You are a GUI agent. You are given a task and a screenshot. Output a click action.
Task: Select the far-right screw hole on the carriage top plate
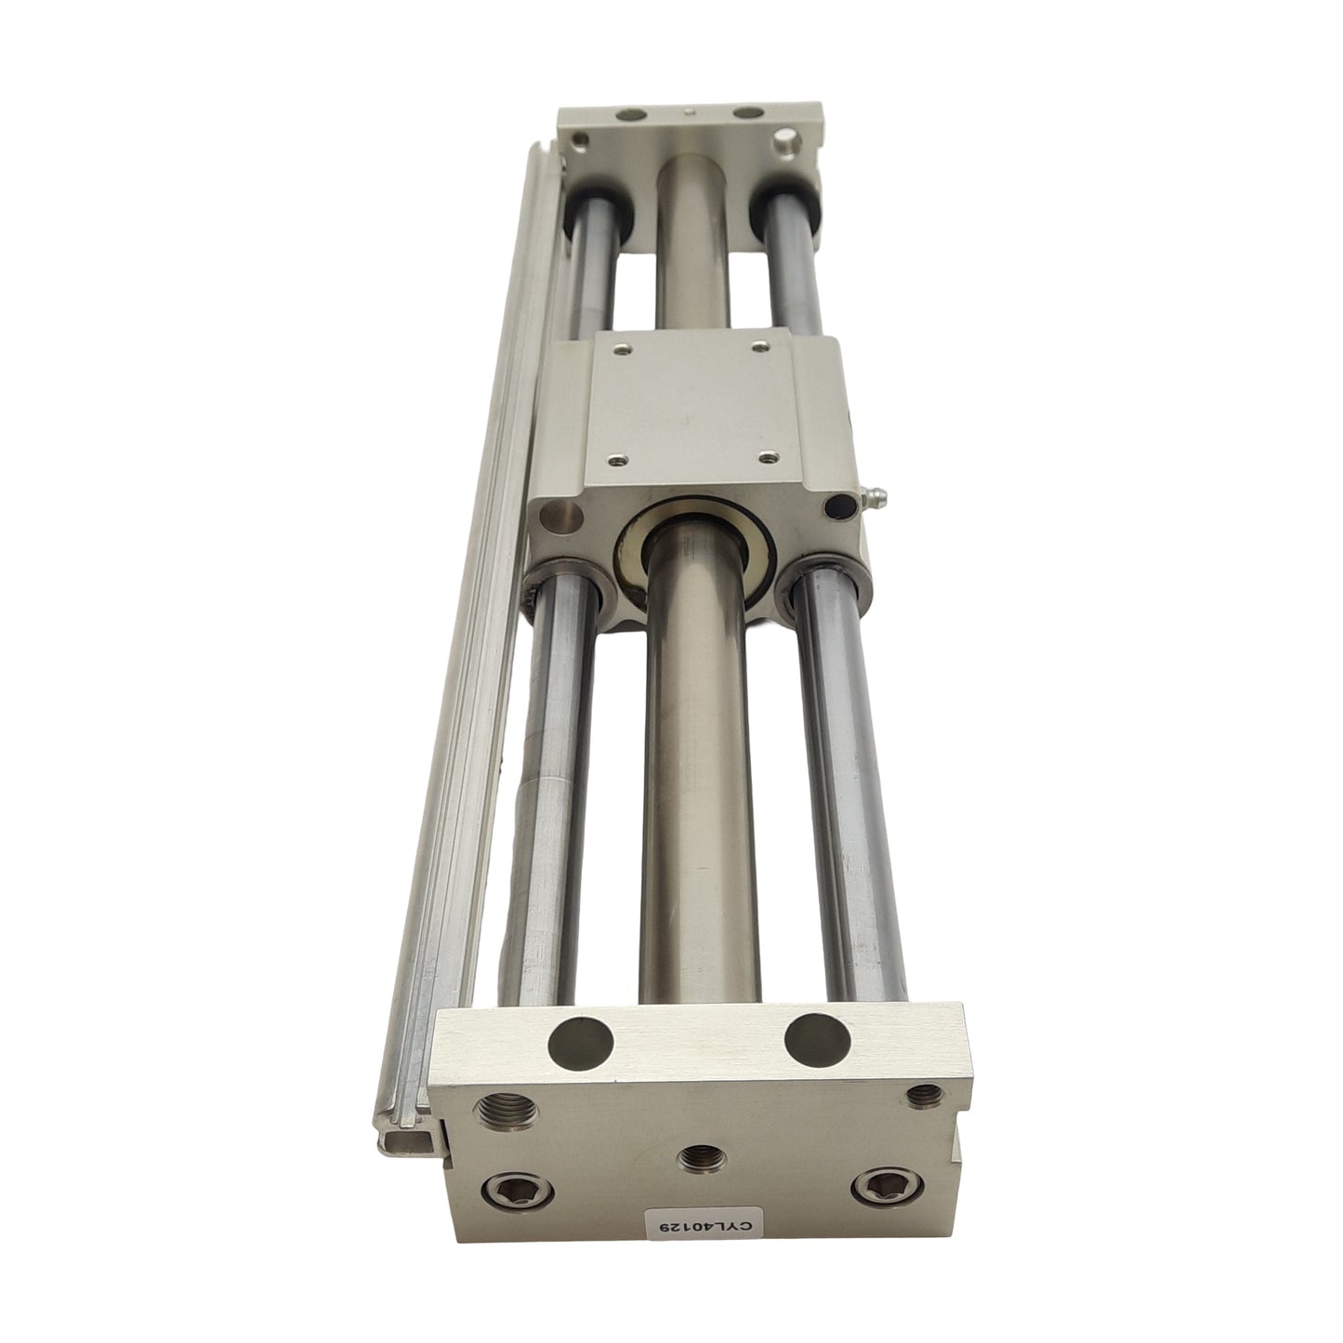click(x=761, y=348)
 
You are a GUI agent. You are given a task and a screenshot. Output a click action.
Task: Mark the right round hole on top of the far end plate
click(x=744, y=114)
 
